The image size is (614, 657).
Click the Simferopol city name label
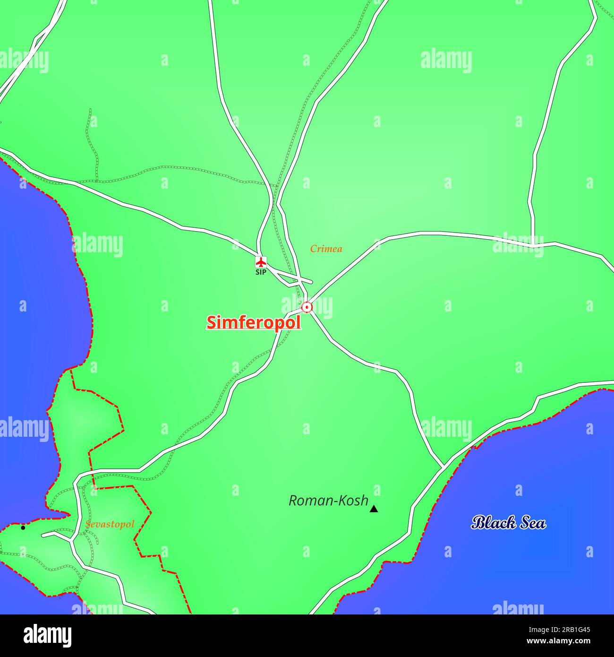(254, 322)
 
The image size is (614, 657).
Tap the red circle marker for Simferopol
(307, 307)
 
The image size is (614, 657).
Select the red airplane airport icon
(261, 261)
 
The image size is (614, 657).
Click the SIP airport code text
(261, 272)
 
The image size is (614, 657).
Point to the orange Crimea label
(326, 249)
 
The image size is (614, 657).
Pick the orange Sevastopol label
(110, 524)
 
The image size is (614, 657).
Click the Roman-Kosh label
(328, 501)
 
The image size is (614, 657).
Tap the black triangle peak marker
(374, 509)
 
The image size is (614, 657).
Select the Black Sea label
(509, 523)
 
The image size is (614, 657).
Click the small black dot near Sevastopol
(23, 527)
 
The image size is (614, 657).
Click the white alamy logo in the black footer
(47, 636)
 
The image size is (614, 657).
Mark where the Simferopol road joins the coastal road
(443, 467)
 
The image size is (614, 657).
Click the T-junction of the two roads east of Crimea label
(533, 245)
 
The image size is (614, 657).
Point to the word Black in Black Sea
(492, 523)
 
